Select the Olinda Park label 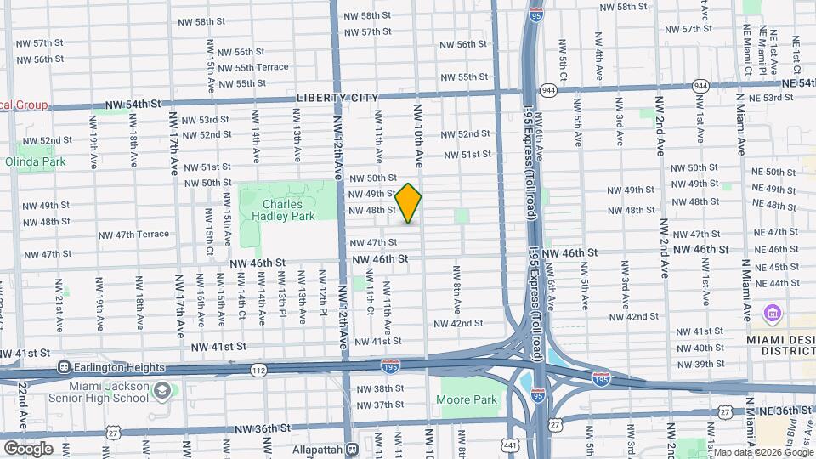click(35, 161)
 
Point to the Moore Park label click(466, 399)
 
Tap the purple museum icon click(772, 314)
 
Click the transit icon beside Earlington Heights click(64, 367)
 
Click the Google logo click(28, 448)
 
